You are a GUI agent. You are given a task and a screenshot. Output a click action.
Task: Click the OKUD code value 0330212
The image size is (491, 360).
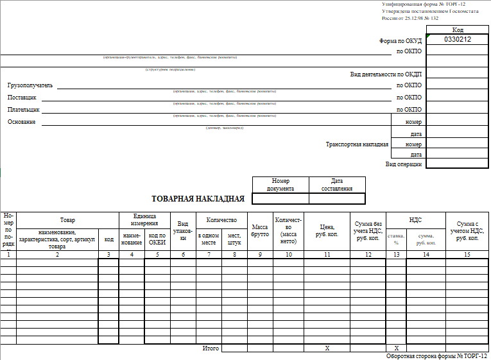[458, 40]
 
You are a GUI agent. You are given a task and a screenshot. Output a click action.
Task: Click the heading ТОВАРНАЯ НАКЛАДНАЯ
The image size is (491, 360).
[198, 198]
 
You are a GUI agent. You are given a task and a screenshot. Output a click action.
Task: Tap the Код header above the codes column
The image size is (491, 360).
[458, 30]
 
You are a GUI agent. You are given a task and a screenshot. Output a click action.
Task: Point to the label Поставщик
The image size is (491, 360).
[22, 98]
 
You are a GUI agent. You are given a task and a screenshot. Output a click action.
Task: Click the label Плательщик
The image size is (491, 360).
[24, 110]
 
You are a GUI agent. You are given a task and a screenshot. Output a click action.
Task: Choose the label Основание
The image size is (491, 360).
[21, 122]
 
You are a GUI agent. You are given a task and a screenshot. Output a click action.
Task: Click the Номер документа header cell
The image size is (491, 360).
[280, 185]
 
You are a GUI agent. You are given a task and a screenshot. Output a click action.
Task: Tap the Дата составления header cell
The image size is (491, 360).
[337, 185]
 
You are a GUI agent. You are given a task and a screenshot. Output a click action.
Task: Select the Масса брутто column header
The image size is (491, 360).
[260, 231]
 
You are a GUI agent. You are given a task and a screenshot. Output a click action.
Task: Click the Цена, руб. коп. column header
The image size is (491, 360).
[327, 231]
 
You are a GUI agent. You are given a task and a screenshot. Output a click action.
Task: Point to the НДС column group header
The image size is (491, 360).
[415, 219]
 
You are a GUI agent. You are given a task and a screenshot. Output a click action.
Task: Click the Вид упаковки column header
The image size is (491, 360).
[183, 231]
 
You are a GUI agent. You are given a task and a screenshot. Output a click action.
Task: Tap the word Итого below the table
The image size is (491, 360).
[211, 348]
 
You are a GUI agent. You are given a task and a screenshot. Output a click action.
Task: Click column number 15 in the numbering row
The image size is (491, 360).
[467, 255]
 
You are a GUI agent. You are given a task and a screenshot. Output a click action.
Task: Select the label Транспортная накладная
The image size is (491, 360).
[357, 144]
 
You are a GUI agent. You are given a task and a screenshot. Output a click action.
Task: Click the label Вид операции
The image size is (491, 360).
[404, 164]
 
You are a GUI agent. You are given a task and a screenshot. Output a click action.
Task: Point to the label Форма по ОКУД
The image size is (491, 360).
[401, 40]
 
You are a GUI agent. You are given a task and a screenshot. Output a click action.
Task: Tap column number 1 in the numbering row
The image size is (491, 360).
[8, 255]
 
